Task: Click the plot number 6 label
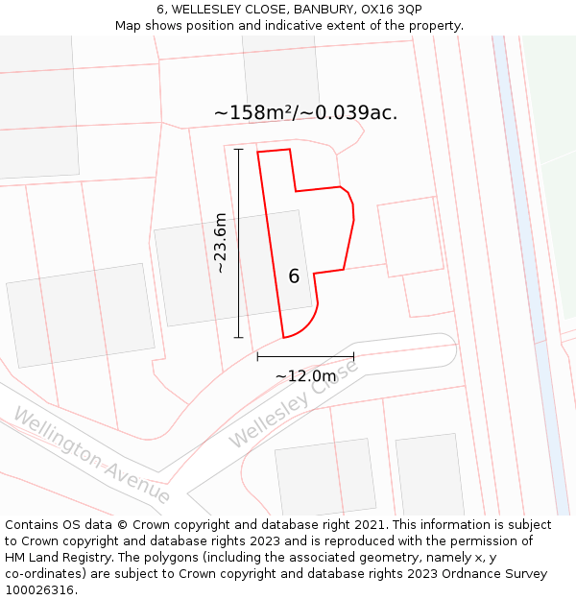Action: click(x=294, y=276)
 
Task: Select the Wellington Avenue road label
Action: click(x=91, y=454)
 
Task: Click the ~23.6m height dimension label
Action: click(x=221, y=243)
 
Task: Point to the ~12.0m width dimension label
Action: click(x=305, y=376)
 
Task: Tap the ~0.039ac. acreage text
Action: click(x=351, y=112)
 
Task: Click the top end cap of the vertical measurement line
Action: click(x=238, y=150)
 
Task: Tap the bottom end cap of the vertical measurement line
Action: click(x=238, y=338)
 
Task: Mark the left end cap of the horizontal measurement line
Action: click(x=257, y=356)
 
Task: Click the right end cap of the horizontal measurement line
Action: click(x=353, y=356)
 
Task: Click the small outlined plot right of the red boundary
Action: click(x=410, y=237)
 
